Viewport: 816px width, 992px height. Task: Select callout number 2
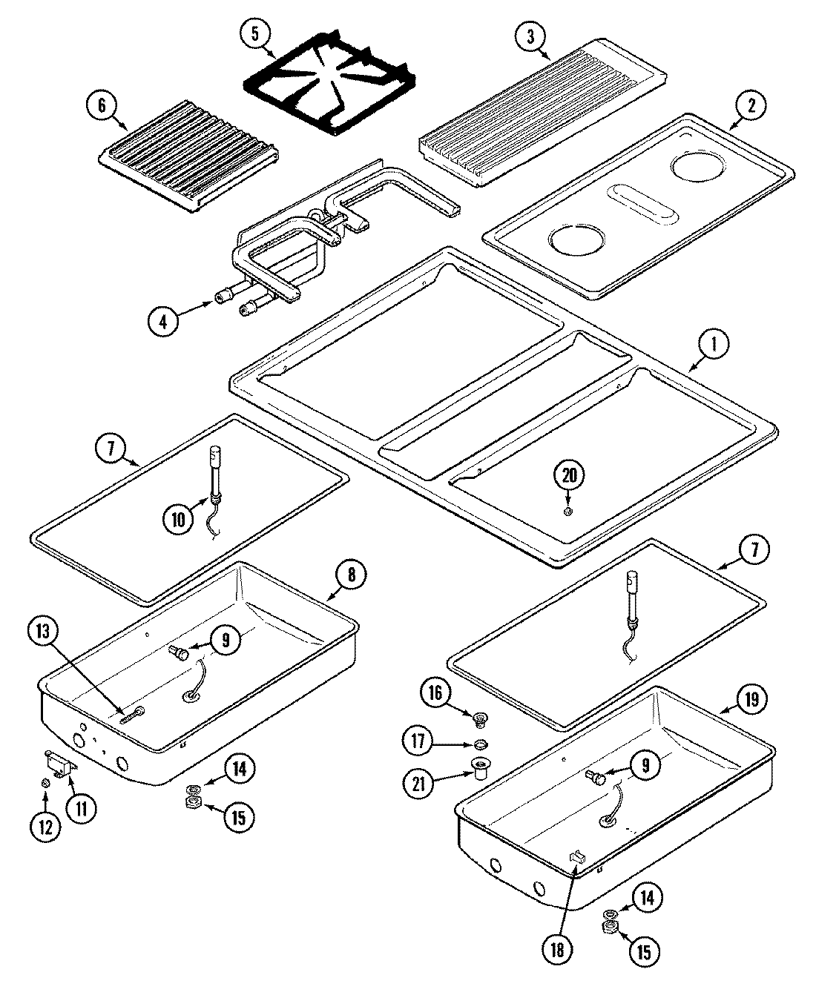[752, 106]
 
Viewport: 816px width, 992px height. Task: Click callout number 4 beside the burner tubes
[162, 321]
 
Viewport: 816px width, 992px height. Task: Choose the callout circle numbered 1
[715, 343]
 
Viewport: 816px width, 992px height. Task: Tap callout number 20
[568, 476]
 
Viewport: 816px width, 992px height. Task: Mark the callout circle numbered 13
[43, 632]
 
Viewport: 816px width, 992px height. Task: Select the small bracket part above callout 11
[59, 763]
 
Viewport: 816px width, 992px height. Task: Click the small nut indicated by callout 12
[45, 783]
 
